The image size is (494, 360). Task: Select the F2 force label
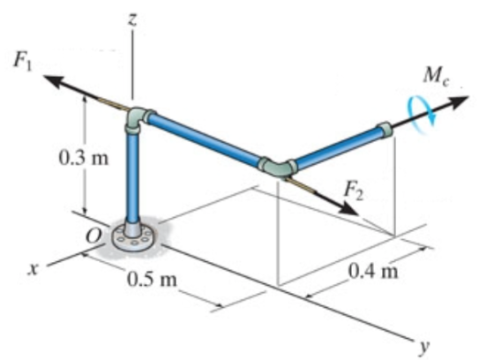354,191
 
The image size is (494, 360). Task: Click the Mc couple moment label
436,77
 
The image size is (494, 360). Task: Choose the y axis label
424,346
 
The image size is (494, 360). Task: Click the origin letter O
94,236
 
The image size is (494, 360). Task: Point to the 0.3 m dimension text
84,158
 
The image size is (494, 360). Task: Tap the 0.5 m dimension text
152,279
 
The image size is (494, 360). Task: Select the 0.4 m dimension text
373,271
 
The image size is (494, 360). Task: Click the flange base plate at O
134,237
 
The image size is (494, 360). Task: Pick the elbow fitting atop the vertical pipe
138,120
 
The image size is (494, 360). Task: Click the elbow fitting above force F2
277,167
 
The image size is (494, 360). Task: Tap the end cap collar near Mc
385,131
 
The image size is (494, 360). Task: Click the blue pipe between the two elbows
204,139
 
